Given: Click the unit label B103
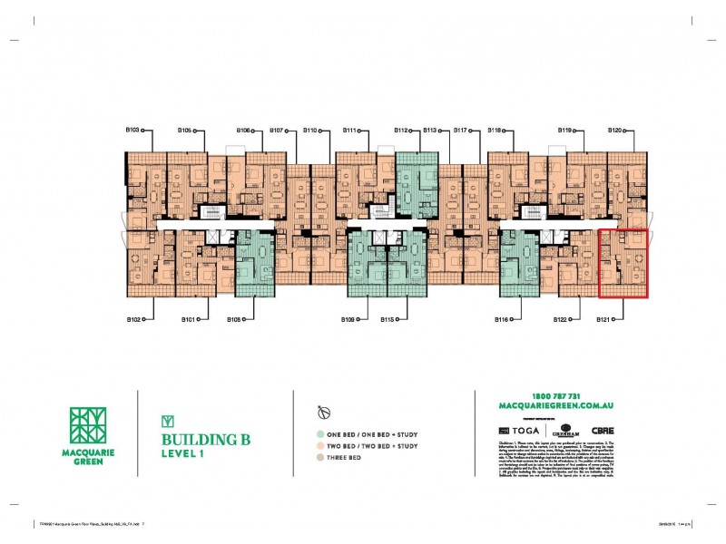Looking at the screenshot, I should (x=132, y=131).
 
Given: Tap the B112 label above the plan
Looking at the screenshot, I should (x=401, y=131).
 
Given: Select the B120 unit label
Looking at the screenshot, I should (x=613, y=131).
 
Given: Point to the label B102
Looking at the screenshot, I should (x=133, y=319).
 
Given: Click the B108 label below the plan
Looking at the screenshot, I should (x=234, y=319).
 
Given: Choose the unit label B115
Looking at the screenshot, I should (x=388, y=319).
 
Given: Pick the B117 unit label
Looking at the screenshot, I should (x=460, y=131).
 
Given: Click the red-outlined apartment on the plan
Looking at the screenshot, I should (x=623, y=264).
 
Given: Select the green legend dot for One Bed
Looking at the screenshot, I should (x=319, y=434).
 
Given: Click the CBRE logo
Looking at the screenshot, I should (x=603, y=430).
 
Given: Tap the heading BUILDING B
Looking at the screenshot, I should (x=204, y=440).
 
